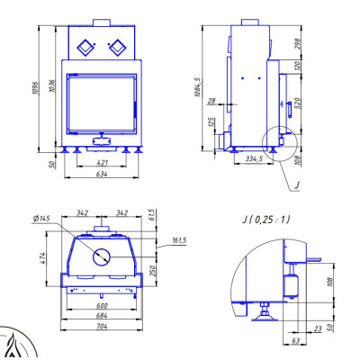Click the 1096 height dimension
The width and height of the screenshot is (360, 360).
click(35, 87)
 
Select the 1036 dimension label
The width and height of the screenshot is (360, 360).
click(52, 85)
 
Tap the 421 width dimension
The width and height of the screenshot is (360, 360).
click(102, 163)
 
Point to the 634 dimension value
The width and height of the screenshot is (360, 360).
click(102, 174)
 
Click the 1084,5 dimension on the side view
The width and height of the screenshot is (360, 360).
click(197, 87)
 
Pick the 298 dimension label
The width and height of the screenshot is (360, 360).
click(297, 44)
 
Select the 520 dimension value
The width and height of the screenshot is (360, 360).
click(297, 103)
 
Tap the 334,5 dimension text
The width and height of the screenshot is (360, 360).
click(254, 158)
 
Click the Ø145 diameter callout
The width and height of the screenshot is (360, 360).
click(41, 219)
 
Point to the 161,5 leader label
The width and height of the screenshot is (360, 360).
click(179, 240)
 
